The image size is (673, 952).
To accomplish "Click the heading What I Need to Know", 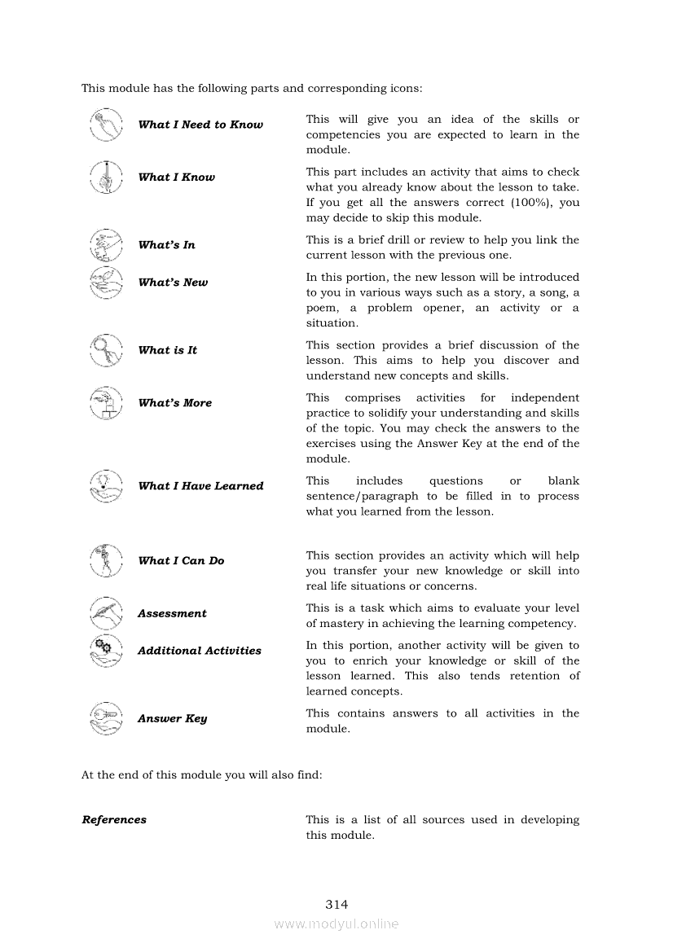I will point(200,125).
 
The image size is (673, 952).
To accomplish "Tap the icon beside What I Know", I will point(106,177).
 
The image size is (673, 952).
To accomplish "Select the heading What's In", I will point(166,245).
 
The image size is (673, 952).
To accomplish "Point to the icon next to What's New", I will point(106,283).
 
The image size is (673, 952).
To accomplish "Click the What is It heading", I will point(167,350).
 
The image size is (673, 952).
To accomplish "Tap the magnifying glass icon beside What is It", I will point(106,350).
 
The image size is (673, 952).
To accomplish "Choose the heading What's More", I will point(174,403).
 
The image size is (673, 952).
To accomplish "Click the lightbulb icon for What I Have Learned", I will point(106,486).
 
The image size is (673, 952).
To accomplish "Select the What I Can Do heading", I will point(181,561).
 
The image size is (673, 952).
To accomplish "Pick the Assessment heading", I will point(172,614).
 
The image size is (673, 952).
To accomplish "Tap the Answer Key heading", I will point(172,719).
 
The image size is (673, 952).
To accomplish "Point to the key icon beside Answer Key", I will point(106,719).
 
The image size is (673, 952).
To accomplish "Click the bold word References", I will point(114,820).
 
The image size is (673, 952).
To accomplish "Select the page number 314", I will point(336,905).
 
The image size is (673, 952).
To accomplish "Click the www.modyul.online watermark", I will point(336,924).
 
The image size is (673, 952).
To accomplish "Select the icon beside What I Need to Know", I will point(106,125).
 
